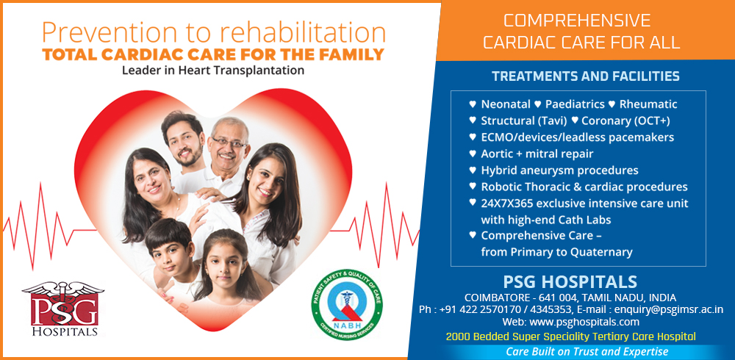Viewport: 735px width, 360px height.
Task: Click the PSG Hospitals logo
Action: [62, 309]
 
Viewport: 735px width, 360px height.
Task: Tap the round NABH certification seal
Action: [346, 304]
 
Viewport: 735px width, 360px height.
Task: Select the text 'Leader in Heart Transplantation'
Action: [213, 71]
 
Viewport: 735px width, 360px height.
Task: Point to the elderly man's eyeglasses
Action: [229, 142]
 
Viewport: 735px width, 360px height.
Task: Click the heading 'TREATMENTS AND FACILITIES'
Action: [586, 76]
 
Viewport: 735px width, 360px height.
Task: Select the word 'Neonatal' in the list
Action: [506, 104]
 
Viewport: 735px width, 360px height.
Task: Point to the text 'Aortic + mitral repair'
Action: [537, 154]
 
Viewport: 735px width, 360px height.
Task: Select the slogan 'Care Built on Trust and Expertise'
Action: [587, 352]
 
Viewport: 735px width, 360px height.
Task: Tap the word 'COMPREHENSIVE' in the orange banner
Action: [577, 21]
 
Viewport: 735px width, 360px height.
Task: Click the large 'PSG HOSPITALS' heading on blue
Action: [570, 282]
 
